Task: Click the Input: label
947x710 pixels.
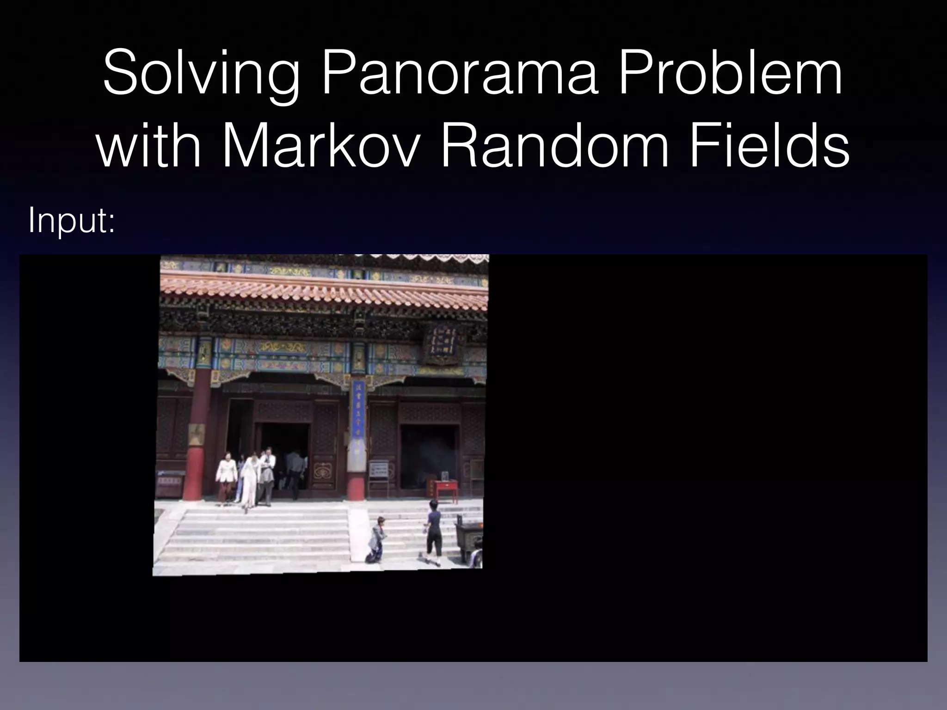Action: click(71, 221)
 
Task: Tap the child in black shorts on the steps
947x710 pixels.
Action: click(433, 532)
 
